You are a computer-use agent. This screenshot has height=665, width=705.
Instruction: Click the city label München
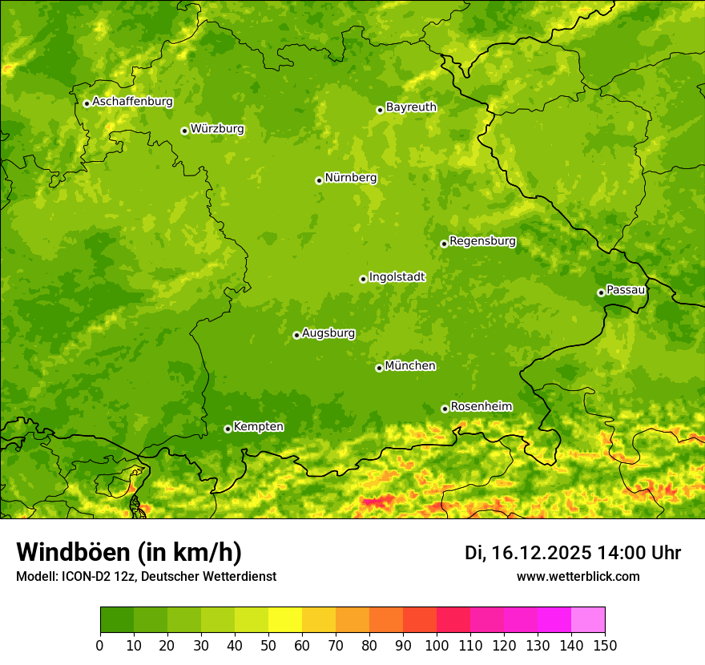tap(410, 366)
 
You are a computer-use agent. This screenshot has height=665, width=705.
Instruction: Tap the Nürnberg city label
tap(350, 179)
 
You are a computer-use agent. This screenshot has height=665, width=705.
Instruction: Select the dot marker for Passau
tap(601, 292)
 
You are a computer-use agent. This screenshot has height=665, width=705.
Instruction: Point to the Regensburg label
tap(482, 241)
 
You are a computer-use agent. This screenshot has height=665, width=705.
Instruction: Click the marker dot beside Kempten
tap(228, 429)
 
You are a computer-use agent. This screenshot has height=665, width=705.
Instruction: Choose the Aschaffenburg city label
tap(132, 102)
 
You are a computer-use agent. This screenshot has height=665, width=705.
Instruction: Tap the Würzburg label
tap(217, 129)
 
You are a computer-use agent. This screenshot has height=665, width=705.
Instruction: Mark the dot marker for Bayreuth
tap(381, 110)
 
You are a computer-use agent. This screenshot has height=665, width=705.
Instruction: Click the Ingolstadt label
tap(397, 277)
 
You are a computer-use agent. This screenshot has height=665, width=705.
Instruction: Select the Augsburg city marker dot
tap(296, 335)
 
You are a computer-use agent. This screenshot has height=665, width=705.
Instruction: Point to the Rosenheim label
tap(481, 407)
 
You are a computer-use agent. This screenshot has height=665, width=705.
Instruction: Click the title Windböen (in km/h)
tap(129, 553)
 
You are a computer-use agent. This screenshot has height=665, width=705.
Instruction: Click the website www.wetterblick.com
tap(578, 577)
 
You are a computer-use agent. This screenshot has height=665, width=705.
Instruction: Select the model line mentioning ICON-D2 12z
tap(146, 577)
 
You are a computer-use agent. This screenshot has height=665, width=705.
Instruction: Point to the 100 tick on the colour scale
tap(437, 645)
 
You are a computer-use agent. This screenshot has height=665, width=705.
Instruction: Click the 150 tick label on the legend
tap(605, 645)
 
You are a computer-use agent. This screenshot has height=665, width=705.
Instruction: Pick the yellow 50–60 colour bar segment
tap(285, 620)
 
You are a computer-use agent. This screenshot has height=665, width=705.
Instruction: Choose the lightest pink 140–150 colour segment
tap(588, 620)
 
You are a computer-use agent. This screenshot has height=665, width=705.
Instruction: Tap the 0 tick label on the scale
tap(100, 645)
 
